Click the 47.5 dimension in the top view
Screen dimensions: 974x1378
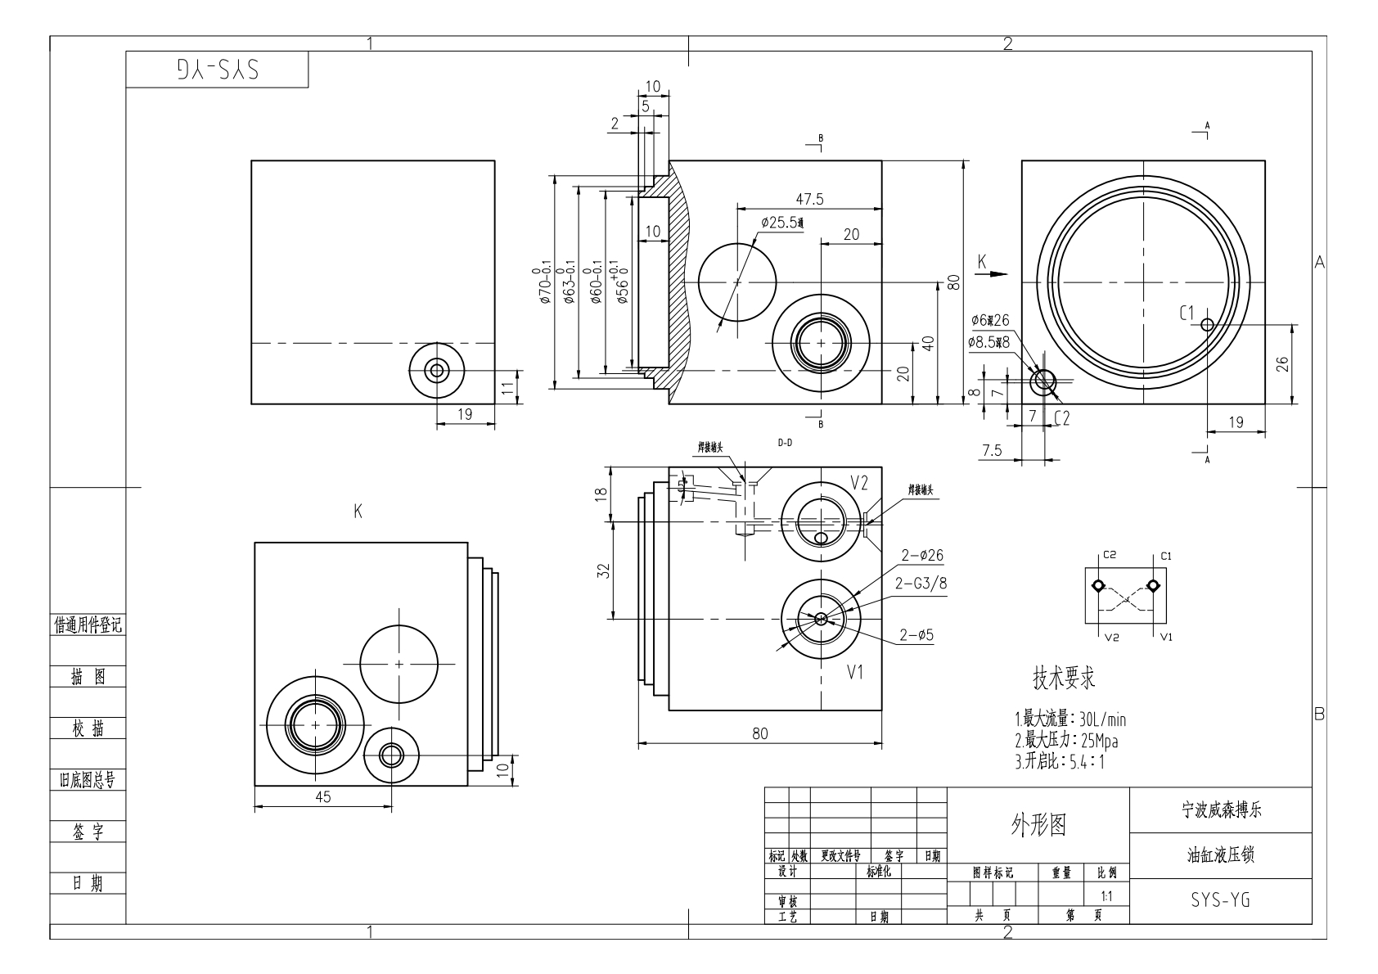[x=809, y=199]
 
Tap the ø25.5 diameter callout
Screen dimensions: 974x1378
[x=782, y=223]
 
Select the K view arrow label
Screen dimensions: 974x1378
[x=982, y=261]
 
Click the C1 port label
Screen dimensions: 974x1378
[x=1187, y=313]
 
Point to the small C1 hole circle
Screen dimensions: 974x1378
[x=1207, y=324]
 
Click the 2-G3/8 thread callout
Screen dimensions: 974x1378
[x=921, y=584]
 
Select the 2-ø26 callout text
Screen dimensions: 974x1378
[x=922, y=556]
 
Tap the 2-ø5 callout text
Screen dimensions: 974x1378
[x=916, y=634]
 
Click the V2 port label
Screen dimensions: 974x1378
[x=858, y=483]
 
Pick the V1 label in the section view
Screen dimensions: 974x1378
[x=856, y=673]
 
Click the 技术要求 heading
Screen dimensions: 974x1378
[x=1064, y=678]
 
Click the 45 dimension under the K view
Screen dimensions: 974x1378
[x=323, y=797]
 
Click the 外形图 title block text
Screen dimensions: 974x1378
[x=1038, y=825]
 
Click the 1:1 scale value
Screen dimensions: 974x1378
[x=1106, y=896]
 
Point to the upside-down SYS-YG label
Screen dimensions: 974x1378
[x=217, y=70]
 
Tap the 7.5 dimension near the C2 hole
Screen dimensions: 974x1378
[x=992, y=451]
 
